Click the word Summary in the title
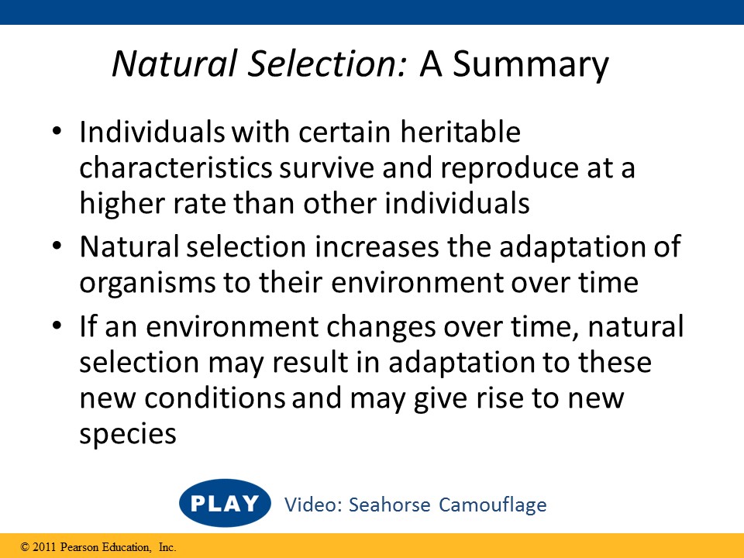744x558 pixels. pos(530,64)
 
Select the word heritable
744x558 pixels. pos(460,132)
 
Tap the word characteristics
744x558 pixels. pos(176,167)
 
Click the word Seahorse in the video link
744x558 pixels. pos(390,505)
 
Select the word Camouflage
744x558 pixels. pos(493,505)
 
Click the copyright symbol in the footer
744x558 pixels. pos(25,548)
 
